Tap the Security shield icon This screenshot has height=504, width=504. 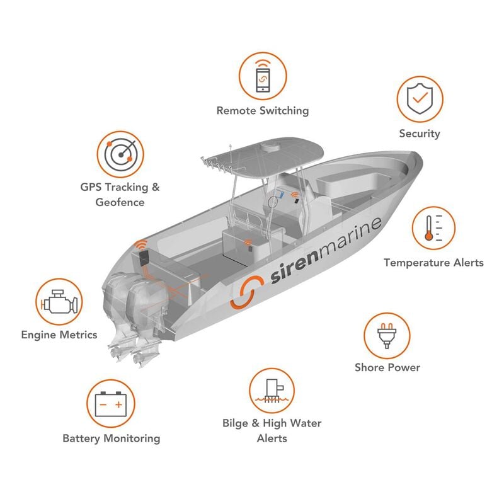pos(420,100)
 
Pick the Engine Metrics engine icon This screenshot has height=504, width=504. pos(59,303)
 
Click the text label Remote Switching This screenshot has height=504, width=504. pos(263,111)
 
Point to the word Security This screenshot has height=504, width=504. pos(420,134)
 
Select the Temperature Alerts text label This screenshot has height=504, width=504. pos(433,263)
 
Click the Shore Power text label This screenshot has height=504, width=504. pos(387,367)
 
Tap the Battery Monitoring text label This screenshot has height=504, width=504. pos(111,438)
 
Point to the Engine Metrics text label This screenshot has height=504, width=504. pos(59,335)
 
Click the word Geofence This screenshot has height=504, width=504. pos(120,202)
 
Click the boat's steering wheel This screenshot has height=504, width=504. pos(273,203)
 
